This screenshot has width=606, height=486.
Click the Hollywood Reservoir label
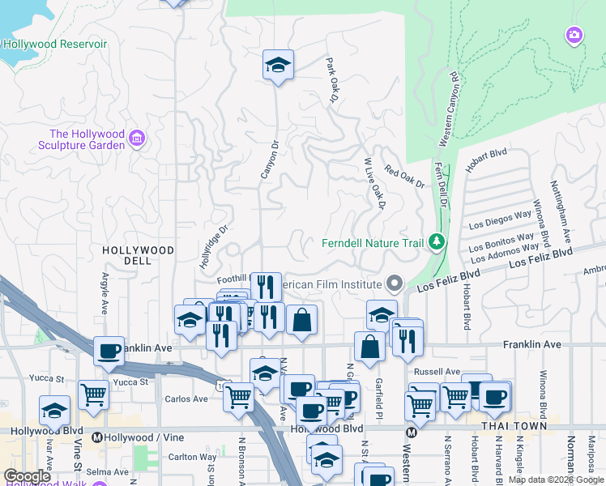[x=54, y=43]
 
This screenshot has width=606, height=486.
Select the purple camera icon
[x=574, y=34]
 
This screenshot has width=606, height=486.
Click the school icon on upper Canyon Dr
[x=278, y=65]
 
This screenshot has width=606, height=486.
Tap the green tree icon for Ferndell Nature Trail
[x=437, y=241]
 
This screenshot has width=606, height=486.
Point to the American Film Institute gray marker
[x=395, y=283]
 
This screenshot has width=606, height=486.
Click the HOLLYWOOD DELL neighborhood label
[x=139, y=257]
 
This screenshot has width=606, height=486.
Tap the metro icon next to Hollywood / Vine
[x=98, y=437]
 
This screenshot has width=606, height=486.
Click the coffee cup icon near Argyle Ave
[x=109, y=351]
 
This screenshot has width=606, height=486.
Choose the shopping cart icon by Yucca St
[x=94, y=395]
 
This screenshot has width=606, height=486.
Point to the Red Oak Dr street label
[x=404, y=177]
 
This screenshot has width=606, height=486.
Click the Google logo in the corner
[x=28, y=476]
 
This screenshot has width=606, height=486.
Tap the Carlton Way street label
[x=192, y=456]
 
